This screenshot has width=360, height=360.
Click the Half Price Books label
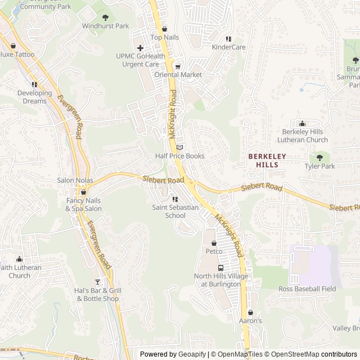(179, 156)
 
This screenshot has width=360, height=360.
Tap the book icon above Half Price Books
(179, 147)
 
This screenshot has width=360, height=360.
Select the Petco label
(214, 251)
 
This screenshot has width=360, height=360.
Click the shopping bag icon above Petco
(214, 243)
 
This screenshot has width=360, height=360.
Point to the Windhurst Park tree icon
(105, 17)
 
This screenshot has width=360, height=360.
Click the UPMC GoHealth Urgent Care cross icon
(140, 48)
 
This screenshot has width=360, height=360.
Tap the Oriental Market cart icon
(178, 66)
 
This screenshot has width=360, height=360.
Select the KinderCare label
(228, 47)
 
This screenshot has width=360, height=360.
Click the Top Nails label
(164, 37)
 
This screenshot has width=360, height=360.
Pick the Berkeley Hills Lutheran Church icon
(302, 124)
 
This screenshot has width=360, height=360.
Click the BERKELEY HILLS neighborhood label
(267, 160)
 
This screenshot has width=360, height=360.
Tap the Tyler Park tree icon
(319, 158)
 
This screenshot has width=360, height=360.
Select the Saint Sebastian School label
(175, 211)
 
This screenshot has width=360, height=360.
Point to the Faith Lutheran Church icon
(20, 259)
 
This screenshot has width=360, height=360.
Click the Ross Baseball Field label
(307, 289)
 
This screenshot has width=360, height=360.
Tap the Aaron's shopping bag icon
(250, 312)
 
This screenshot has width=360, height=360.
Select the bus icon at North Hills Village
(220, 268)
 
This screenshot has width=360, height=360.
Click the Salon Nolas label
(75, 180)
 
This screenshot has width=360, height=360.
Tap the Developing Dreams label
(35, 97)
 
